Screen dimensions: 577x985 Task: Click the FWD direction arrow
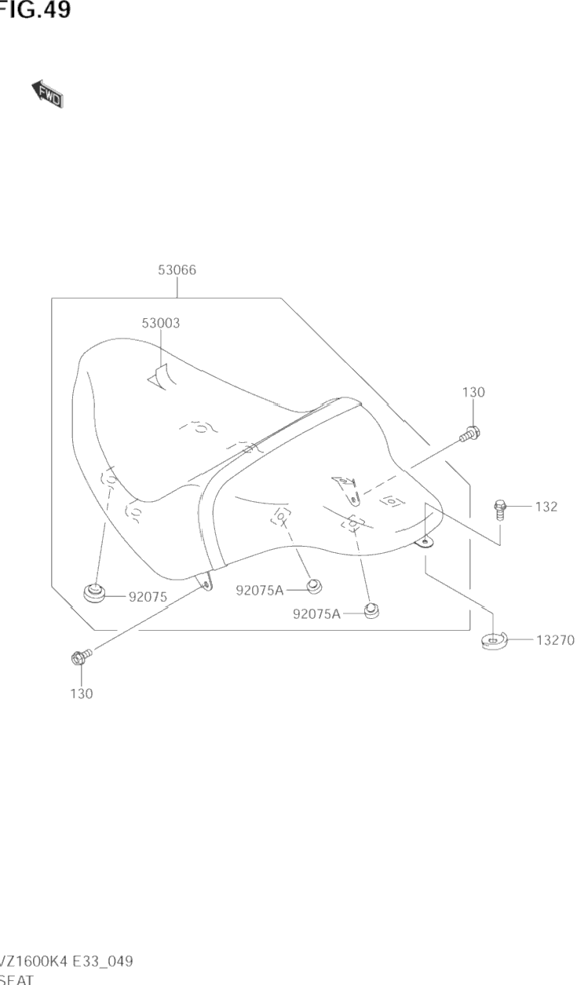[47, 94]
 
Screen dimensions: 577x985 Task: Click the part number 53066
[177, 270]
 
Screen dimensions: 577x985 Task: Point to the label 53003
[161, 323]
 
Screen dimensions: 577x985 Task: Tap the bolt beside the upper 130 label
[470, 432]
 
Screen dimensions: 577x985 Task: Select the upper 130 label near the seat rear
[473, 392]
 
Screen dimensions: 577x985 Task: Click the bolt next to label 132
[499, 508]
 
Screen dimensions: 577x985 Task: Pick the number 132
[546, 507]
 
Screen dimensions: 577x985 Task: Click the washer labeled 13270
[494, 641]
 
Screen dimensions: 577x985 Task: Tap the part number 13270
[555, 640]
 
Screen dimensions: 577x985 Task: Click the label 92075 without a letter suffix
[148, 597]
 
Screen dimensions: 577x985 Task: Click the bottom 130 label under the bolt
[82, 694]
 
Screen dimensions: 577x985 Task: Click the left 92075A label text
[259, 590]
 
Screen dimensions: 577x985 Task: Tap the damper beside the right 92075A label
[371, 610]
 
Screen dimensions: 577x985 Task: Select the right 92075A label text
[316, 614]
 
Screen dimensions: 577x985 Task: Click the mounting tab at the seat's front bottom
[206, 582]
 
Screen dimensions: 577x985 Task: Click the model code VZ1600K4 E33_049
[67, 961]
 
